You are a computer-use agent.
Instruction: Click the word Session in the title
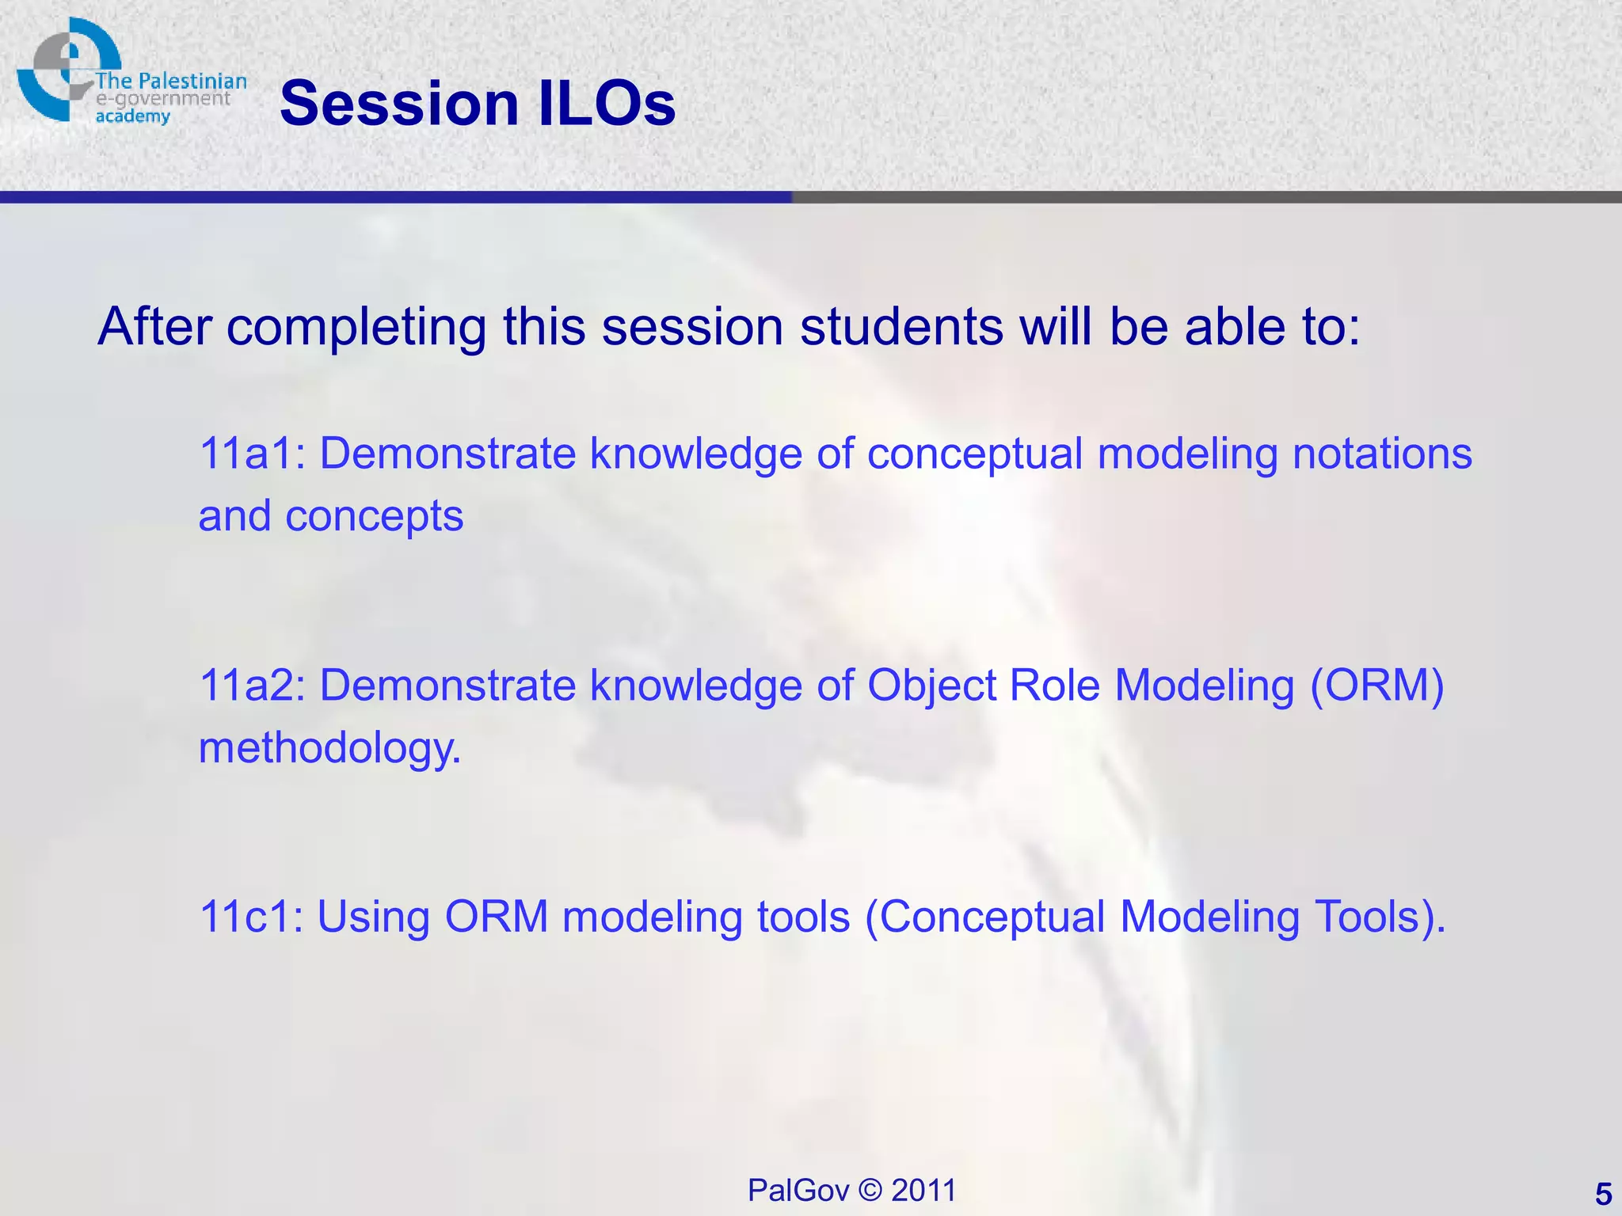[399, 104]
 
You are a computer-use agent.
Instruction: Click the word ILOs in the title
[607, 104]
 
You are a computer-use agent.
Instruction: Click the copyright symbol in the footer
[870, 1190]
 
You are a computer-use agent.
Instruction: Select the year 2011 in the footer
[923, 1190]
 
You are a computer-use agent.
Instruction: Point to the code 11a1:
[252, 454]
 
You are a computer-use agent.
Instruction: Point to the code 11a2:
[252, 685]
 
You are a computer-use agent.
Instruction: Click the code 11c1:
[250, 917]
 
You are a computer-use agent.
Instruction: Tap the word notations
[1382, 454]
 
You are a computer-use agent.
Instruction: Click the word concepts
[374, 517]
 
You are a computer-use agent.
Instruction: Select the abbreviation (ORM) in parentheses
[1376, 685]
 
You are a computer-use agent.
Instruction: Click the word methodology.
[329, 748]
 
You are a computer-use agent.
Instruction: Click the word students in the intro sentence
[901, 326]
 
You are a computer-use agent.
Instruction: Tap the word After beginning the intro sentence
[154, 326]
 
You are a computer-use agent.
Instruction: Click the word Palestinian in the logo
[192, 81]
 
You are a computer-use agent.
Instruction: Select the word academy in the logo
[132, 116]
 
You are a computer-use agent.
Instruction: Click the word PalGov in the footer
[798, 1190]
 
